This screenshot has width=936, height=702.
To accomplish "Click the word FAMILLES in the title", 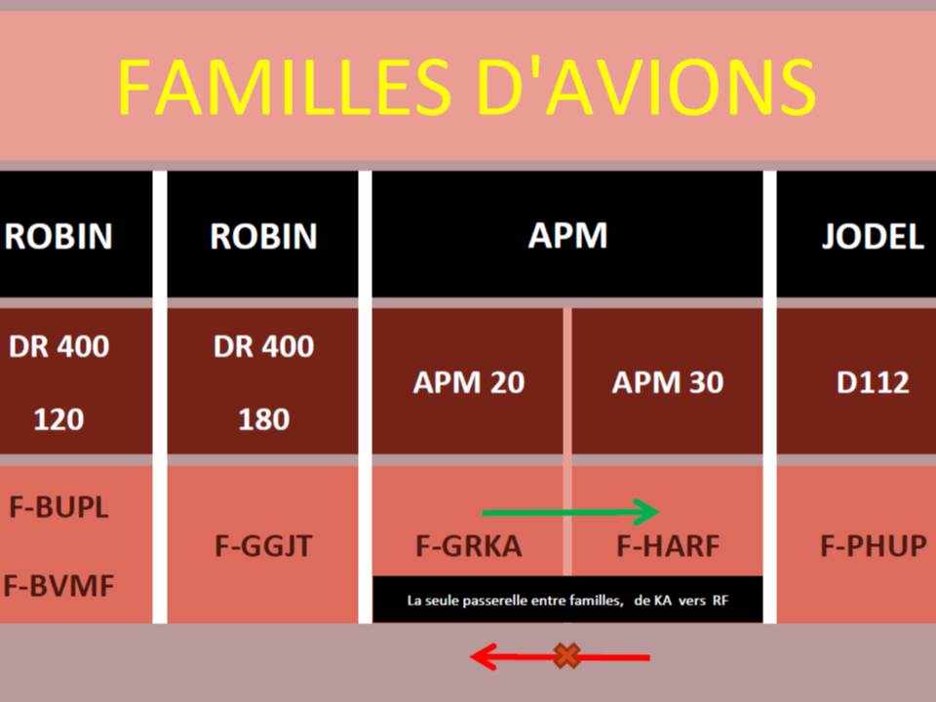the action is coord(284,87).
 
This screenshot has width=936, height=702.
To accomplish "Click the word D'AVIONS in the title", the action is coord(646,87).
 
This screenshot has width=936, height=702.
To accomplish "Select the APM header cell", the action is coord(567,235).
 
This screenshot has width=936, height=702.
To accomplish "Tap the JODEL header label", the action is coord(873,236).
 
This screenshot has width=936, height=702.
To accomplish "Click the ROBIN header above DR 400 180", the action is coord(263,236).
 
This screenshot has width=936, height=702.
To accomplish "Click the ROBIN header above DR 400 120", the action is coord(58,236).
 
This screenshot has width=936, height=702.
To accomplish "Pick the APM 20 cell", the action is coord(468,382).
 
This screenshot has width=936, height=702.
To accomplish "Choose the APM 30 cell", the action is coord(667,382).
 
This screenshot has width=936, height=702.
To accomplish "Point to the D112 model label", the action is coord(873,382).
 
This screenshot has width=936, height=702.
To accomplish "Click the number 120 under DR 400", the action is coord(58,419).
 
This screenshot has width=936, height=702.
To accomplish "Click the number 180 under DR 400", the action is coord(264,419).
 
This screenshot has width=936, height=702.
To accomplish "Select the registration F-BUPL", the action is coord(58,507).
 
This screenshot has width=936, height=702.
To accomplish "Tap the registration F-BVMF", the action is coord(58,586).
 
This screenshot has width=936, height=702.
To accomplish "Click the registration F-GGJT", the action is coord(263,546).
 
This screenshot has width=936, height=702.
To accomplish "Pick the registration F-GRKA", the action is coord(469,546).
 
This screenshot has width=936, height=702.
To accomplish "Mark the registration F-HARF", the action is coord(667,546).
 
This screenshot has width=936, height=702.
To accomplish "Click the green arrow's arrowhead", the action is coord(646,512).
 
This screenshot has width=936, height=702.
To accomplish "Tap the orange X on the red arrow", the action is coord(566,656).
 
